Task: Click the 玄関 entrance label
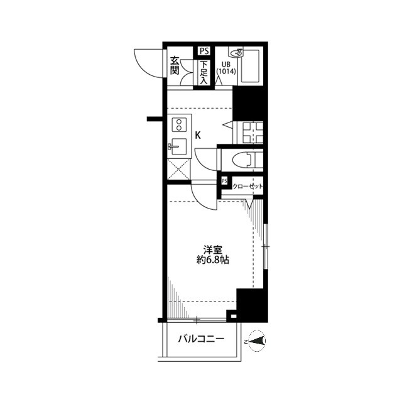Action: tap(175, 65)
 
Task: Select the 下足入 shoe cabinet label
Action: tap(204, 72)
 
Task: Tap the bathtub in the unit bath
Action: tap(253, 66)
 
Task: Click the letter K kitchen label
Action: tap(198, 134)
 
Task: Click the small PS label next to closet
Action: tap(224, 182)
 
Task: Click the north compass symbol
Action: tap(257, 341)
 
